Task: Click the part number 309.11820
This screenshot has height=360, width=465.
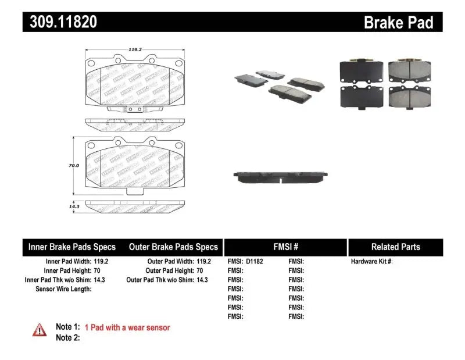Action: [60, 22]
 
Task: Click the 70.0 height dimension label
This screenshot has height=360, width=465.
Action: [73, 166]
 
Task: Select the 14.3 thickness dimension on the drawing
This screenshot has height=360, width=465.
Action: [74, 206]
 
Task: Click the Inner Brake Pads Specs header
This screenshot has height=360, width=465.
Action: [72, 247]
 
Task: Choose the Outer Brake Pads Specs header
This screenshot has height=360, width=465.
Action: [173, 247]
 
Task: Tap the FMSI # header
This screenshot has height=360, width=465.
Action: [285, 247]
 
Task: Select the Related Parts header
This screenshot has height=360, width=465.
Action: [395, 247]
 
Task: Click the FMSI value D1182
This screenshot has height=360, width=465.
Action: [255, 262]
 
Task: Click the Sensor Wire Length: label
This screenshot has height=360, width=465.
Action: [63, 289]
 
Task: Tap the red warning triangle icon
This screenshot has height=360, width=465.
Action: [40, 330]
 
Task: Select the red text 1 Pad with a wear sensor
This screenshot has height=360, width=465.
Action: [127, 328]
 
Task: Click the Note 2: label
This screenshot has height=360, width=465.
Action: [67, 338]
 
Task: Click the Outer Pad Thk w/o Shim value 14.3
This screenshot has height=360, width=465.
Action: [202, 280]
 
